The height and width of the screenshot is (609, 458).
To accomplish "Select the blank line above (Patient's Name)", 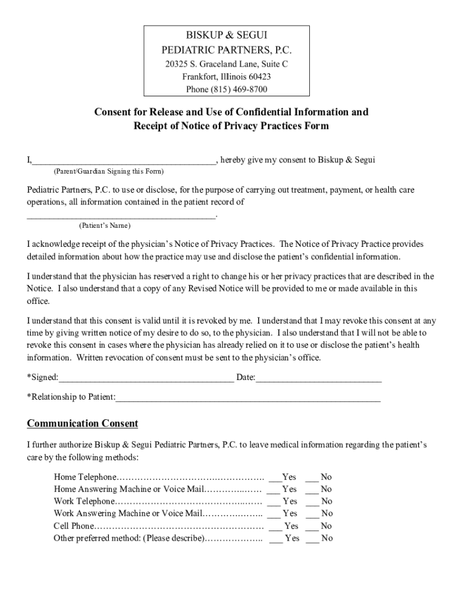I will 121,217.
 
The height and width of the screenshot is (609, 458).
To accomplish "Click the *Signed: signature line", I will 146,379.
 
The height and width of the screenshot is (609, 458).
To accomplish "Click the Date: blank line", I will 318,379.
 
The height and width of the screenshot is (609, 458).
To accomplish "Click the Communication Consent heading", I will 83,423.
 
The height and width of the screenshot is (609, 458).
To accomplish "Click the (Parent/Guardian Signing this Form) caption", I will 108,172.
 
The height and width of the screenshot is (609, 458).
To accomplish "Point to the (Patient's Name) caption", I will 105,226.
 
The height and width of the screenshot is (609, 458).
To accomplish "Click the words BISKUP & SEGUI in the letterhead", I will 230,36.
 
